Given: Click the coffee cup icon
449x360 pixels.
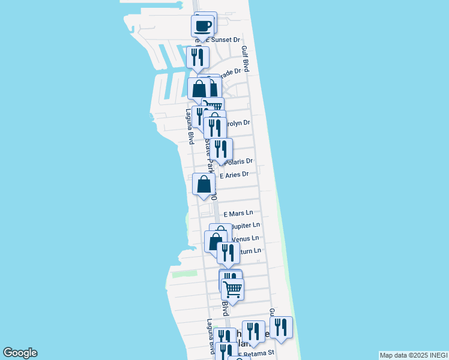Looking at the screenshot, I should [x=203, y=26].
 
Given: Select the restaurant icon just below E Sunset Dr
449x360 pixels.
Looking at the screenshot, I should [x=197, y=58].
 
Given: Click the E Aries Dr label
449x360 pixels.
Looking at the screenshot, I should [x=234, y=175].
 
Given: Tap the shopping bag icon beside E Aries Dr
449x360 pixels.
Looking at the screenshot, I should [x=204, y=184].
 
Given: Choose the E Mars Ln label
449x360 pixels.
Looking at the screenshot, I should [x=238, y=214].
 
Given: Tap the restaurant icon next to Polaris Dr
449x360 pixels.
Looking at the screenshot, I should [x=221, y=149].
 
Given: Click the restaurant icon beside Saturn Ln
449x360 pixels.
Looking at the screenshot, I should [x=228, y=253].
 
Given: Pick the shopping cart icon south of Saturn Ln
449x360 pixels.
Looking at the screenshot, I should [x=232, y=289].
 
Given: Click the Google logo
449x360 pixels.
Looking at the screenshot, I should [x=20, y=353].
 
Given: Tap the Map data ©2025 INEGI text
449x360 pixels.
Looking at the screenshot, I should [x=413, y=355].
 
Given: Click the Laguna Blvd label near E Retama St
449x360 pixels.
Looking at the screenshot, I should [x=211, y=336].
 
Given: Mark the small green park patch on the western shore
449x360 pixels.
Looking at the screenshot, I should [x=184, y=274].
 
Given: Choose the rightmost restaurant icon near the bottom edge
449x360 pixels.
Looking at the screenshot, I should [x=281, y=328].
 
